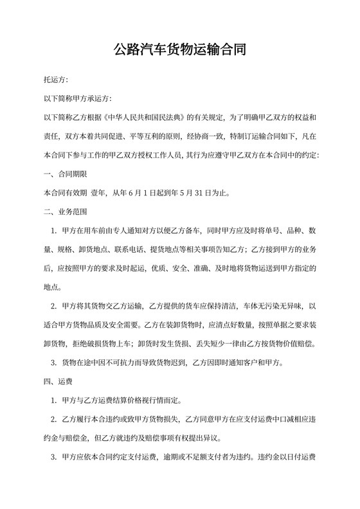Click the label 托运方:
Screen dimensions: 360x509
point(55,80)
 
